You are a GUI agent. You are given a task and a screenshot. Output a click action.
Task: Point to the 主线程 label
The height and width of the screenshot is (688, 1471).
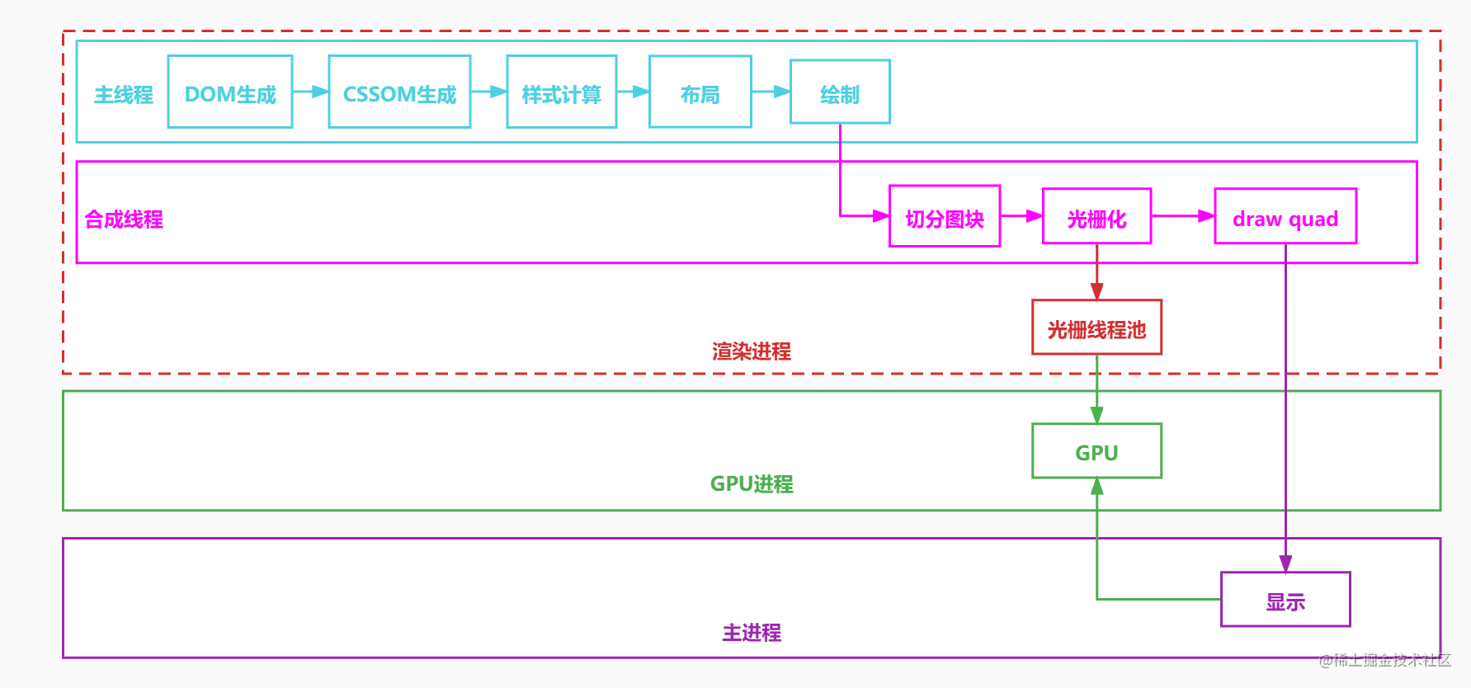124,95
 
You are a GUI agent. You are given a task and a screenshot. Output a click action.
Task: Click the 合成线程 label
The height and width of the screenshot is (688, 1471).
124,219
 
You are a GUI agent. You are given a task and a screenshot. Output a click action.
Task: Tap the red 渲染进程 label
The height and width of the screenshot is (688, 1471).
752,351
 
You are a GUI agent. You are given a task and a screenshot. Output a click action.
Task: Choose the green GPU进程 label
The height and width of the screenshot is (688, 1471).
752,483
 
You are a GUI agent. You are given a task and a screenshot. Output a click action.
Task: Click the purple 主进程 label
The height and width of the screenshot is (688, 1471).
752,633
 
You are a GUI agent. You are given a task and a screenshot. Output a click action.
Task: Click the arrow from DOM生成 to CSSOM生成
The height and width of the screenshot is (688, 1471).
311,92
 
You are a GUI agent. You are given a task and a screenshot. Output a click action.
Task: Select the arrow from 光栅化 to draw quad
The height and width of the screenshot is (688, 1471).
1183,216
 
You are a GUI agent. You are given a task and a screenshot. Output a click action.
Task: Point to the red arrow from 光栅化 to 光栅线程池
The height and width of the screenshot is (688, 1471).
1097,272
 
